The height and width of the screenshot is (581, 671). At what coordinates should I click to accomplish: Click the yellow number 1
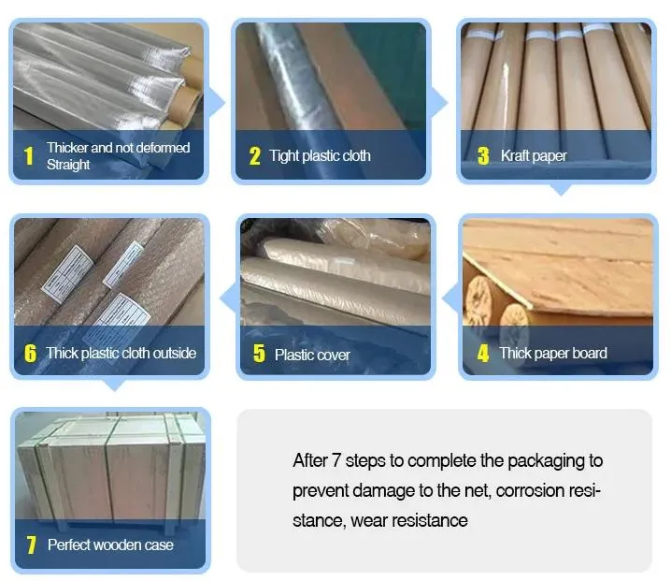pyautogui.click(x=29, y=155)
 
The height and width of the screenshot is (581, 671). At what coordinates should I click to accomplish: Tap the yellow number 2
pyautogui.click(x=254, y=156)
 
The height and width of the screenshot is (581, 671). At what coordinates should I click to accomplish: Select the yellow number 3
pyautogui.click(x=483, y=156)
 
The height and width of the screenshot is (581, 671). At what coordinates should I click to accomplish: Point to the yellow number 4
pyautogui.click(x=483, y=354)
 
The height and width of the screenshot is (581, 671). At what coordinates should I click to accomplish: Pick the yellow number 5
pyautogui.click(x=259, y=354)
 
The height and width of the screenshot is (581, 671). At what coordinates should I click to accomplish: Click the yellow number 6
pyautogui.click(x=31, y=354)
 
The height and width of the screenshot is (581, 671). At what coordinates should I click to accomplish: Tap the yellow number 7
pyautogui.click(x=31, y=545)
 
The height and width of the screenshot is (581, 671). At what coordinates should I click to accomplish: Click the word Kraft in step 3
pyautogui.click(x=515, y=155)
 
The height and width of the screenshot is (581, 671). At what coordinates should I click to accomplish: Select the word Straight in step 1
pyautogui.click(x=68, y=165)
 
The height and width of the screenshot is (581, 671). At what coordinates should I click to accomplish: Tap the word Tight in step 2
pyautogui.click(x=284, y=155)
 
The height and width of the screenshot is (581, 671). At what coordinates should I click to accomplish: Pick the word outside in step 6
pyautogui.click(x=175, y=353)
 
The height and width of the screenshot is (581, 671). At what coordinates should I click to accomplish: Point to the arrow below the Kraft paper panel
pyautogui.click(x=560, y=189)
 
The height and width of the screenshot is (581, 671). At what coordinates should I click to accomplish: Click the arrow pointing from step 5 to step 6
pyautogui.click(x=228, y=298)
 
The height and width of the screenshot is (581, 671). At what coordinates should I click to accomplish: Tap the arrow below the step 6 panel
pyautogui.click(x=114, y=385)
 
